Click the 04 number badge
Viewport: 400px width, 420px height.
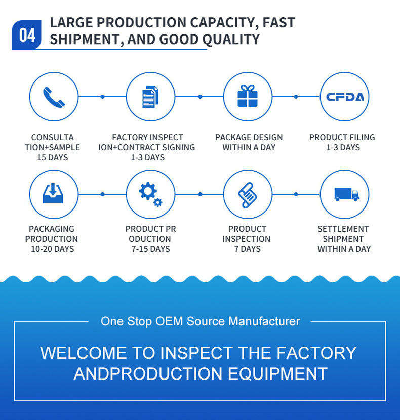[27, 35]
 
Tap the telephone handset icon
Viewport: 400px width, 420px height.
[54, 97]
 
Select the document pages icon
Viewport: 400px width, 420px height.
[150, 97]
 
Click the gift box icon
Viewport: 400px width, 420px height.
[248, 96]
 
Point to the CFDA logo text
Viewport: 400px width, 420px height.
[345, 97]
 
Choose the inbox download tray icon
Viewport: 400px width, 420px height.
[53, 194]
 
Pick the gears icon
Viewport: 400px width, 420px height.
[150, 194]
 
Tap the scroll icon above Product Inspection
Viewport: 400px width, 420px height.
[248, 194]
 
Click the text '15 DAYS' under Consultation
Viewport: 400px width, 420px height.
[52, 157]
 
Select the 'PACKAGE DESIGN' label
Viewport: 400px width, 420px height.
[249, 137]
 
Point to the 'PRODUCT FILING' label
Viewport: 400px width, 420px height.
[342, 137]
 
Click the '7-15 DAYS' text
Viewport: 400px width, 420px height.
[150, 249]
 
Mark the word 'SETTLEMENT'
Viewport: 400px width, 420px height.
[343, 229]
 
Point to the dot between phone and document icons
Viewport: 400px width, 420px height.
[102, 96]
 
